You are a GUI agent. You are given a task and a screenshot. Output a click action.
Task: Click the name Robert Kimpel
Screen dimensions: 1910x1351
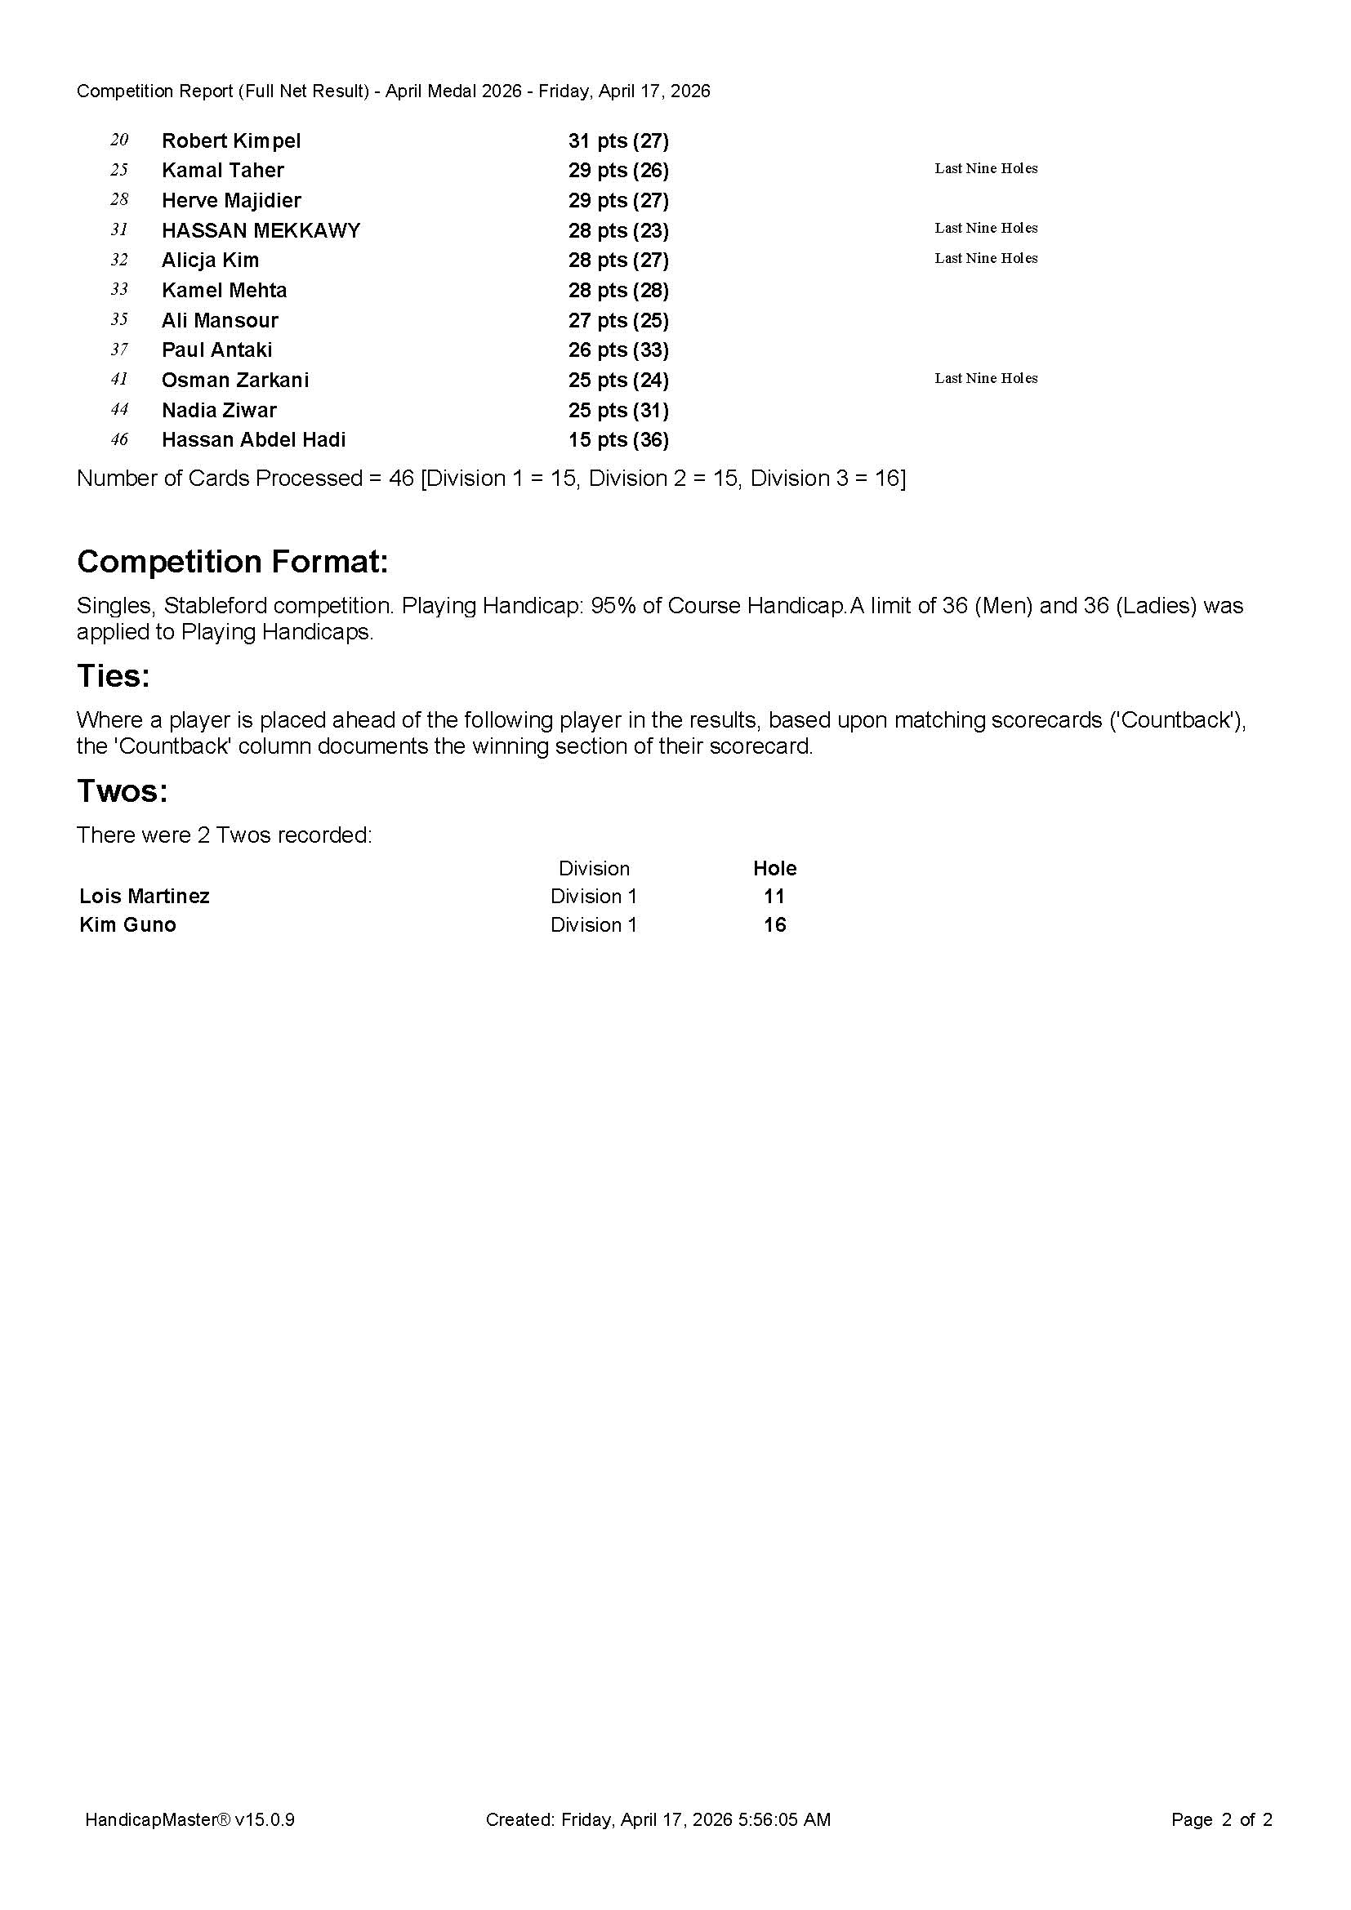pos(231,140)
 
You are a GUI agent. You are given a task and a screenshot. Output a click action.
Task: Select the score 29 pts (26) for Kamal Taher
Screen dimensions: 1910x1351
pos(618,171)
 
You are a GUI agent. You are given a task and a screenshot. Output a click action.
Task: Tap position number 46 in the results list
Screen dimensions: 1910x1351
pos(119,439)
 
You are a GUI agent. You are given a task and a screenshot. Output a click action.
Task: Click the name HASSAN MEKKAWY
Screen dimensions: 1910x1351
pos(261,230)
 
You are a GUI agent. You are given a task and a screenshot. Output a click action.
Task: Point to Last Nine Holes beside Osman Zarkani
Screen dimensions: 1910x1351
pos(986,379)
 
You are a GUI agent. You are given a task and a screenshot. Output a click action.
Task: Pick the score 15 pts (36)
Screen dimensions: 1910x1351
pos(618,440)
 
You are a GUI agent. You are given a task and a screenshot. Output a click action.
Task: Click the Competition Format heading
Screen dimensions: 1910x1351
pos(232,562)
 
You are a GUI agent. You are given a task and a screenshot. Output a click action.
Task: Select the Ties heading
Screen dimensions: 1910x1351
pos(114,675)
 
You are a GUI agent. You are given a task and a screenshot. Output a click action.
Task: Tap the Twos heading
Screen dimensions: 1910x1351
pos(123,790)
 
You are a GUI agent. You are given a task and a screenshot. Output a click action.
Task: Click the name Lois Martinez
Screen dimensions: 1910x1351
pos(145,896)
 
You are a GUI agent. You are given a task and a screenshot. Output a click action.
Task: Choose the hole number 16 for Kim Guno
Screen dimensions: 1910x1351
pos(774,925)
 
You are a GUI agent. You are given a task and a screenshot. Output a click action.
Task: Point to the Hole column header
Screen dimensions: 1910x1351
pos(774,869)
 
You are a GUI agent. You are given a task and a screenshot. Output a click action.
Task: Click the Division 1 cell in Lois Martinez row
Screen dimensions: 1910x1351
pos(593,896)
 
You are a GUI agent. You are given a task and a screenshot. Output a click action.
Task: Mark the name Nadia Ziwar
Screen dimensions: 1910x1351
pos(219,410)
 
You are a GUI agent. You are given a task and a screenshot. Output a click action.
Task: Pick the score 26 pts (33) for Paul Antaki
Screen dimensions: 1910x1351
pos(618,350)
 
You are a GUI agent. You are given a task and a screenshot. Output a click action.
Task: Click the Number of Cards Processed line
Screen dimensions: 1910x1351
pos(491,479)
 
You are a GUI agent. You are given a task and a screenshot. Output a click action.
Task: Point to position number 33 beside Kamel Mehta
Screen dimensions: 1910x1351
pos(119,290)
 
